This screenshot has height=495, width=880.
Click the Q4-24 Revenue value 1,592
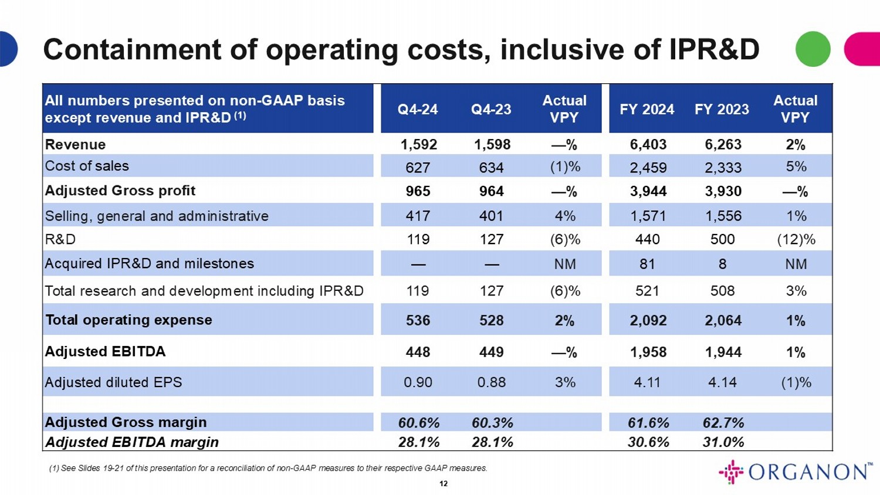coord(418,145)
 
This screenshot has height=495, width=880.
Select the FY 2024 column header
coord(647,110)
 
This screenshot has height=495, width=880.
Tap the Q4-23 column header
coord(491,110)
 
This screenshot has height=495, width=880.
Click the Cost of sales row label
coord(87,166)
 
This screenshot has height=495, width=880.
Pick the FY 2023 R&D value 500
coord(722,239)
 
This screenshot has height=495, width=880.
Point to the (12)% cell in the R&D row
coord(796,239)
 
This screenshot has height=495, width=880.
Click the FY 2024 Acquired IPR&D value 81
coord(647,264)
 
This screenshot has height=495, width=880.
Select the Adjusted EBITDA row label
coord(106,351)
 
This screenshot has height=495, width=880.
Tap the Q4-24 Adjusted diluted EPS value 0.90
coord(418,382)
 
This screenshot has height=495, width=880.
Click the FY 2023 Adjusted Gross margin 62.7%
coord(723,423)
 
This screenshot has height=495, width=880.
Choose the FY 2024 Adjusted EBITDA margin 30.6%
coord(648,442)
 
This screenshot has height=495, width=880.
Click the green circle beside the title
coord(813,49)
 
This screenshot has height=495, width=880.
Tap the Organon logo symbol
coord(731,472)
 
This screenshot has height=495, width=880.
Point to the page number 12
coord(444,484)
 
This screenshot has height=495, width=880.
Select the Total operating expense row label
coord(129,320)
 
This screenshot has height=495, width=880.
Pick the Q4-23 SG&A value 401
coord(491,216)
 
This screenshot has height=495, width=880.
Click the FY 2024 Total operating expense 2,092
coord(648,321)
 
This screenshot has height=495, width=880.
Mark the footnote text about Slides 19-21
coord(268,468)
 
